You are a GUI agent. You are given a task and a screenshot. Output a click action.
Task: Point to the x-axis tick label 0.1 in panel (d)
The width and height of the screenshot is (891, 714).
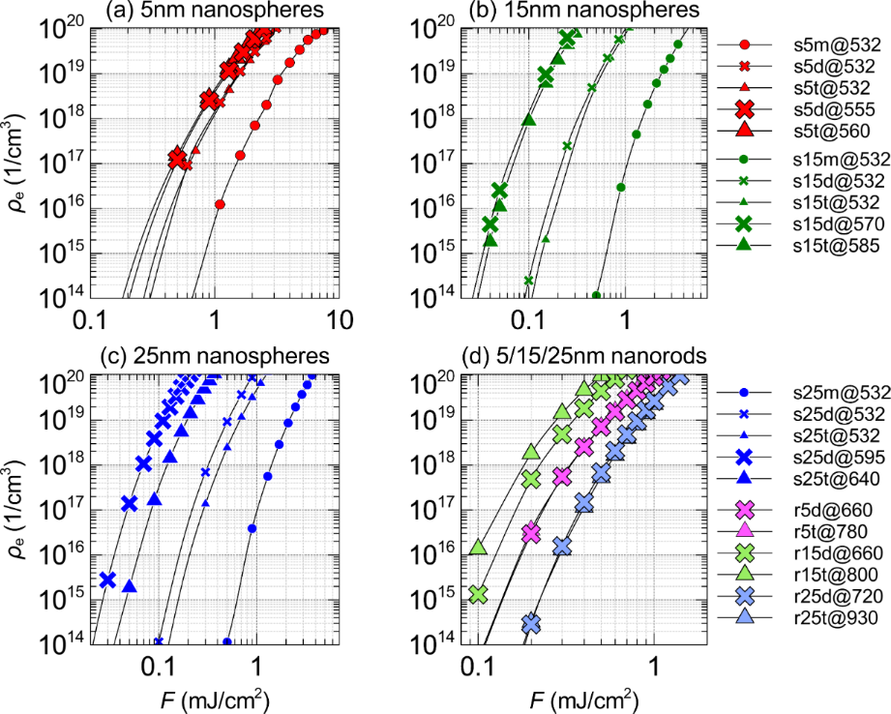(x=476, y=666)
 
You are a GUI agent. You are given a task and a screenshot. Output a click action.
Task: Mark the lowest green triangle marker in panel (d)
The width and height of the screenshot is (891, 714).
(x=476, y=549)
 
